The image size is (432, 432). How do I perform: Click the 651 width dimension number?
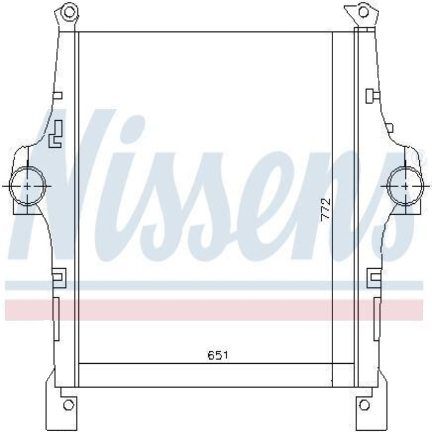click(x=218, y=355)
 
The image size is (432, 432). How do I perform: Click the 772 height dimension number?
click(x=325, y=209)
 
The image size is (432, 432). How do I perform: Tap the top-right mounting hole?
click(x=363, y=12)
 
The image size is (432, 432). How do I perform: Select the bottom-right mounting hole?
click(x=364, y=405)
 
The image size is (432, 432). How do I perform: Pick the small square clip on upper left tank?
click(x=57, y=96)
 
